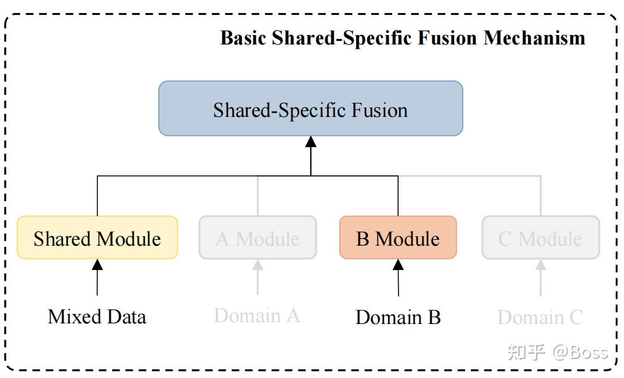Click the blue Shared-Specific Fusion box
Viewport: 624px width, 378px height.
(x=310, y=109)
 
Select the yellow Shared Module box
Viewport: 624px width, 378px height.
(x=97, y=237)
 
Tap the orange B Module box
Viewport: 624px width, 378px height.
(x=398, y=237)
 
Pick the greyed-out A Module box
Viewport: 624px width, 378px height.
(x=257, y=237)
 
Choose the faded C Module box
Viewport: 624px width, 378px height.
(x=540, y=237)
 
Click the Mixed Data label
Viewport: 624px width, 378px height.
(x=97, y=316)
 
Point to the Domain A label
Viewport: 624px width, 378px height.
(x=257, y=316)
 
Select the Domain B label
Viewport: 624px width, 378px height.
(x=398, y=317)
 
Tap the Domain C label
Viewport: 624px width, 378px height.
(x=540, y=317)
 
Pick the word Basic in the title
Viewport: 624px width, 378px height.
(x=244, y=38)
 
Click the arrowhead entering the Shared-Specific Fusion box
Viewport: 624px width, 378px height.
(x=310, y=142)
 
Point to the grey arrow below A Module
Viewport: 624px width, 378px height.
(x=257, y=277)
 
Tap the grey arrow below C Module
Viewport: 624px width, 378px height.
(x=540, y=277)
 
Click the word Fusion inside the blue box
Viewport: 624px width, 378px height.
(x=378, y=110)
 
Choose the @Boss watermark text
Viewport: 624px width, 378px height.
(x=580, y=352)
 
